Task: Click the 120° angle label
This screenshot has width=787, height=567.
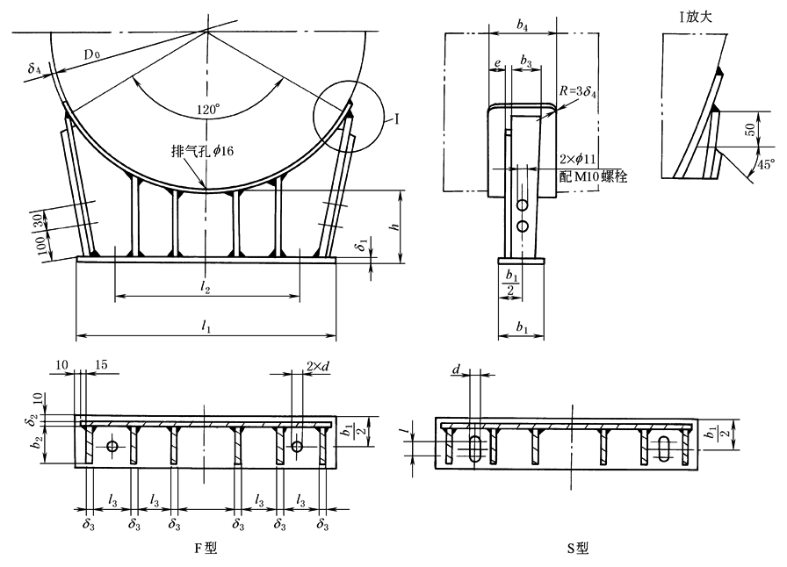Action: pyautogui.click(x=207, y=111)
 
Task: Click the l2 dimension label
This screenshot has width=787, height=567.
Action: pyautogui.click(x=206, y=287)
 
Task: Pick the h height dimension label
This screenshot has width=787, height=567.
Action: pyautogui.click(x=394, y=226)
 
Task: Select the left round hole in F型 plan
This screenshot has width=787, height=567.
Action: pyautogui.click(x=112, y=447)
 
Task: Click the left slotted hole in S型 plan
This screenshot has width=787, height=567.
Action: pyautogui.click(x=473, y=449)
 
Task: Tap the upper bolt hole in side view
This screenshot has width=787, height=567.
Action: pyautogui.click(x=522, y=205)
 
